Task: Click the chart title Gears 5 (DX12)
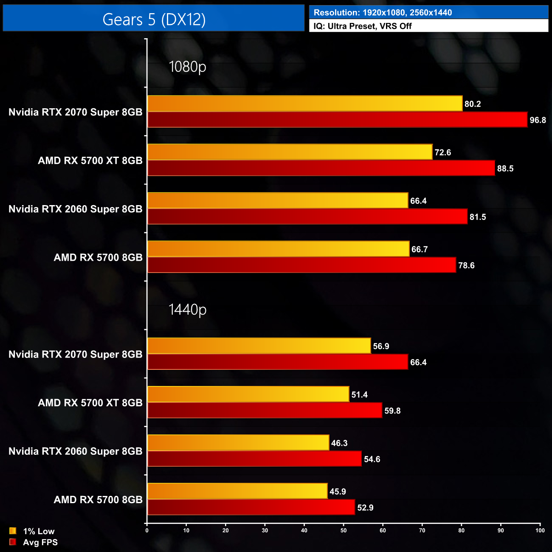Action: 154,20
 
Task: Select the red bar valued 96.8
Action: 337,120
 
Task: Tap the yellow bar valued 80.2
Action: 305,104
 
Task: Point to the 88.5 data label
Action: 505,169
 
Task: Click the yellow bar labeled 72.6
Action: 290,152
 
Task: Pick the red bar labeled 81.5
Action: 307,217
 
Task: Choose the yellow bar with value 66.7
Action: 279,249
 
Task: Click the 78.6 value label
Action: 466,265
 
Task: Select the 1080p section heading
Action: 187,67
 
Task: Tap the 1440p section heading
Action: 187,310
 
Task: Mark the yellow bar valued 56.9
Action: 259,346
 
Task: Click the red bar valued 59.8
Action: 265,411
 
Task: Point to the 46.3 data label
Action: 339,443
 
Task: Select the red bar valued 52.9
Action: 251,507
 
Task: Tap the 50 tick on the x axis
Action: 344,530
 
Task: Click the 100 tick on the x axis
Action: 540,530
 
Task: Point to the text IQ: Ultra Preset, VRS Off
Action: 363,26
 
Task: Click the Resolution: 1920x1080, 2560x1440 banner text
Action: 383,12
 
